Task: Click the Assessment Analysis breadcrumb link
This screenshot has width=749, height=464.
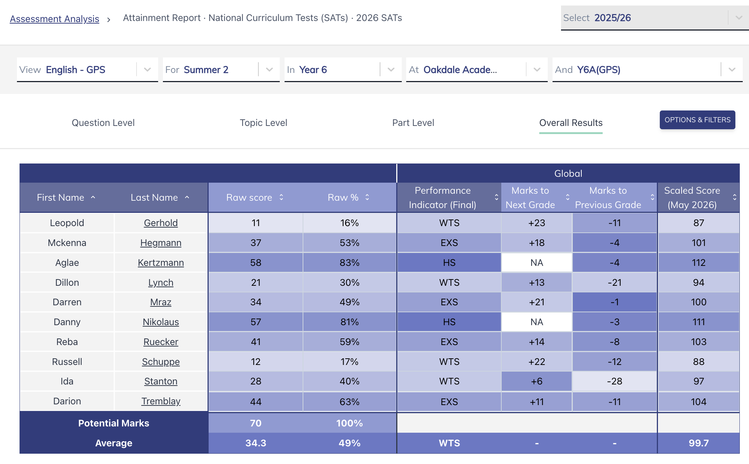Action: pyautogui.click(x=55, y=18)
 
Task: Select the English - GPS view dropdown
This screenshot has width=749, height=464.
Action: pyautogui.click(x=87, y=70)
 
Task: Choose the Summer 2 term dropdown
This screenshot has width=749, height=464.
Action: pyautogui.click(x=221, y=70)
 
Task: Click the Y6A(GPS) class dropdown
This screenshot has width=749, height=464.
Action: pyautogui.click(x=647, y=70)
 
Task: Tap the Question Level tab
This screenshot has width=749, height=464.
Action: pyautogui.click(x=103, y=123)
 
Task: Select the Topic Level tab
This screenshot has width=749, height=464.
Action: pyautogui.click(x=264, y=123)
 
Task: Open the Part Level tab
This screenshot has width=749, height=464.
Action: pyautogui.click(x=413, y=123)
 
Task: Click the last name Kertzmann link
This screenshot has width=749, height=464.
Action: pyautogui.click(x=161, y=263)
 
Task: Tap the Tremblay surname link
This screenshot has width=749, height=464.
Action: pyautogui.click(x=161, y=401)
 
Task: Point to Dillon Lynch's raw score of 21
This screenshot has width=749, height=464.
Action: pyautogui.click(x=256, y=282)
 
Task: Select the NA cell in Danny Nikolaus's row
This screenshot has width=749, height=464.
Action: pyautogui.click(x=537, y=322)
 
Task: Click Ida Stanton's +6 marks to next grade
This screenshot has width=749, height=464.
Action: pyautogui.click(x=537, y=381)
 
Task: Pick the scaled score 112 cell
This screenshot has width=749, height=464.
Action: pyautogui.click(x=699, y=263)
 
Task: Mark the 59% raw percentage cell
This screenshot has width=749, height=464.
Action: pyautogui.click(x=349, y=342)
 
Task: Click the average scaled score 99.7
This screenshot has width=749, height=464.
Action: pyautogui.click(x=699, y=443)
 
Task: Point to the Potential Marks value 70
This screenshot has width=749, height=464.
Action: pyautogui.click(x=256, y=423)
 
